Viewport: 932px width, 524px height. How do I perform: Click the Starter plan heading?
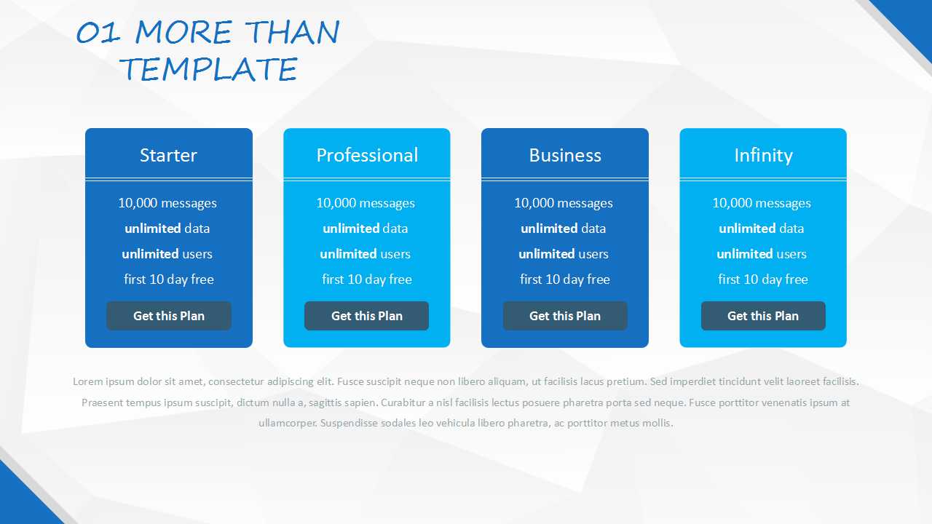(x=168, y=155)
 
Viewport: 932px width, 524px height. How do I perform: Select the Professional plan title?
(x=367, y=155)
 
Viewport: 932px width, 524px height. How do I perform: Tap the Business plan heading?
(x=565, y=155)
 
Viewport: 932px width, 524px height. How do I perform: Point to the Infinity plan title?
(x=763, y=156)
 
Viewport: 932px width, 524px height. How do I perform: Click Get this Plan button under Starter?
(x=169, y=316)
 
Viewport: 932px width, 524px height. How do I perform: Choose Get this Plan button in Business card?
(x=565, y=316)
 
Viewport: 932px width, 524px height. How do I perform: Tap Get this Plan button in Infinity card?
(x=763, y=316)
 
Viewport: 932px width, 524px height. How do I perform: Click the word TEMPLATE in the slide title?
(x=208, y=68)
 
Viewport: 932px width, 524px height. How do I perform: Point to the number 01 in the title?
(x=98, y=33)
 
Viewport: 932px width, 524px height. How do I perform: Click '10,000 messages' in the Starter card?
(x=167, y=203)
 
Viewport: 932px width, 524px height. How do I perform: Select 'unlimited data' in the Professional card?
(x=366, y=229)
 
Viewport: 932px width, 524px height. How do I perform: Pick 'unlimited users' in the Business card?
(x=564, y=254)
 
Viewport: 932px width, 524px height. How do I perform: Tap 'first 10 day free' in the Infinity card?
(x=763, y=279)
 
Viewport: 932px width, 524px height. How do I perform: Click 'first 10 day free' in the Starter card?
(x=169, y=279)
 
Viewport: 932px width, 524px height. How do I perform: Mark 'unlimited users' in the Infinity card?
(x=762, y=254)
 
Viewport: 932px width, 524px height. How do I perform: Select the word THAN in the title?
(x=293, y=32)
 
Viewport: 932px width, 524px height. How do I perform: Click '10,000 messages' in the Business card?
(x=564, y=203)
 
